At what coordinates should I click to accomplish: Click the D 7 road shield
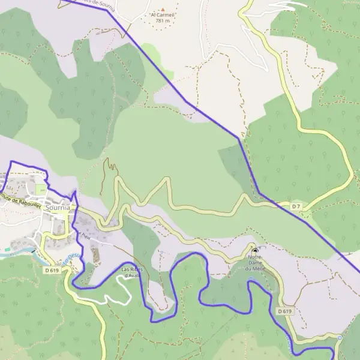(296, 206)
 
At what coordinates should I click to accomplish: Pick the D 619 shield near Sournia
(52, 271)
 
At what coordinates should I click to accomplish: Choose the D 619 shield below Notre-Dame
(284, 311)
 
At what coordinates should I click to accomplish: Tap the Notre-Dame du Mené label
(257, 263)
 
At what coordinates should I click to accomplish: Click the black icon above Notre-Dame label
(255, 250)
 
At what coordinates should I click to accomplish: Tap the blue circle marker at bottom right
(339, 338)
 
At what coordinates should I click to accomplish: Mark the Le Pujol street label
(83, 235)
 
